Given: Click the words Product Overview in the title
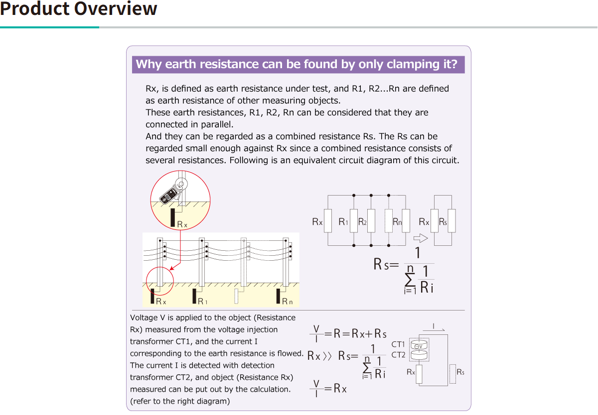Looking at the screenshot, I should click(x=79, y=9).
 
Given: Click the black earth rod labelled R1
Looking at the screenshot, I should click(x=195, y=297).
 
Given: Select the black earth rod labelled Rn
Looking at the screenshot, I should click(x=279, y=296).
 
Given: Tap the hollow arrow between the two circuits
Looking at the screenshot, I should click(x=421, y=237).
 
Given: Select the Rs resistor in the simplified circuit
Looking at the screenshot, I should click(x=451, y=221).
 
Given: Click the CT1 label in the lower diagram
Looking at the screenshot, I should click(x=398, y=344).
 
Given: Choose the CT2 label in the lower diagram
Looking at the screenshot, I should click(x=398, y=355).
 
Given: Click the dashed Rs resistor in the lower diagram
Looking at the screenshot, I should click(x=452, y=374).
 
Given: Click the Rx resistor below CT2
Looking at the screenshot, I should click(x=419, y=374).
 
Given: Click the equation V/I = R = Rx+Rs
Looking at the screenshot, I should click(x=348, y=333).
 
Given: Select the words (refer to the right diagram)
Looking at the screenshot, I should click(x=180, y=401).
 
